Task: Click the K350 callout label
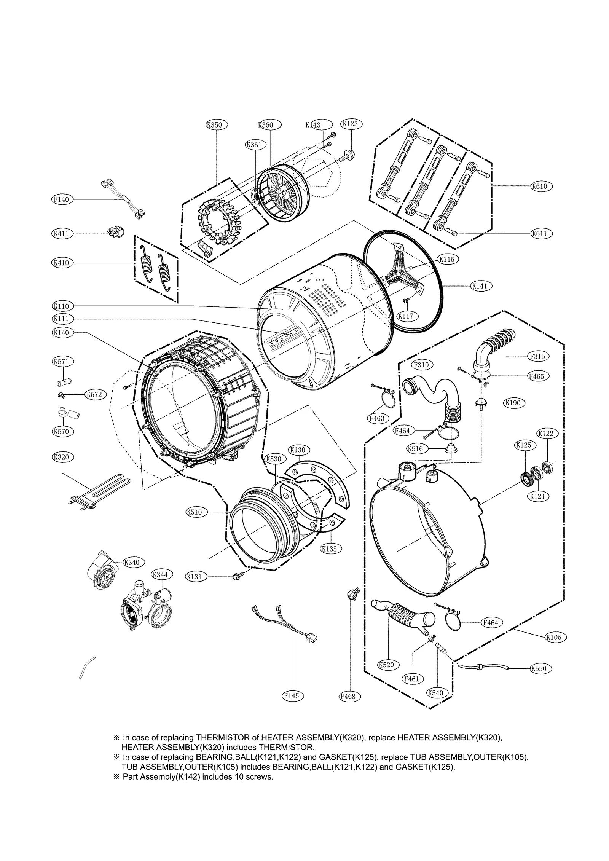(x=216, y=124)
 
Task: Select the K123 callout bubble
(x=351, y=123)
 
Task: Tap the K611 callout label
(x=541, y=233)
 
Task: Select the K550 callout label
(x=540, y=668)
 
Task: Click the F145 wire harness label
(x=293, y=696)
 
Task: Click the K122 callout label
(x=548, y=433)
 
